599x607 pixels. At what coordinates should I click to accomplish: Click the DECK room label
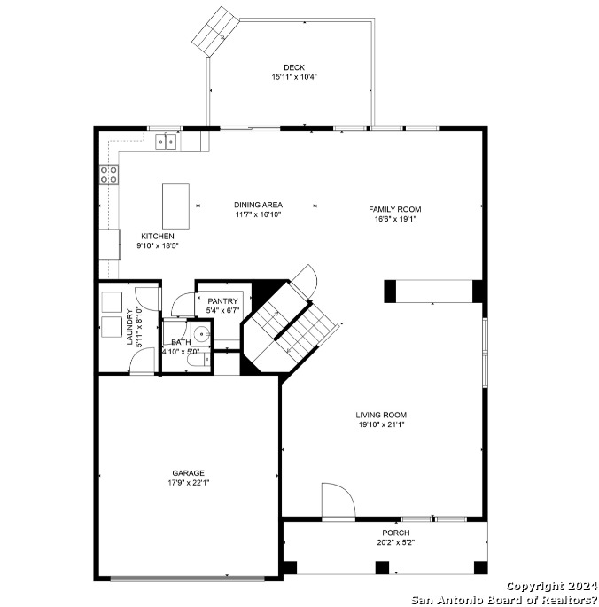coord(294,67)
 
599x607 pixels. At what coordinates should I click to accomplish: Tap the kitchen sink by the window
coord(166,141)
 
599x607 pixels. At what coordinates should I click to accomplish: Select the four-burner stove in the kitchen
coord(109,175)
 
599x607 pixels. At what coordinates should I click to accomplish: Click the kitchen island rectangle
coord(175,206)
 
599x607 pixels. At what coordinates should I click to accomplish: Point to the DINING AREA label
coord(258,205)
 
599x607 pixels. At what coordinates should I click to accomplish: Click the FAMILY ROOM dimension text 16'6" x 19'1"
coord(394,219)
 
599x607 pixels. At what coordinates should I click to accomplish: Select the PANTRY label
coord(222,301)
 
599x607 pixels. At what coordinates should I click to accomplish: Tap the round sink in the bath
coord(201,334)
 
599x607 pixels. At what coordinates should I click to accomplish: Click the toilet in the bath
coord(198,360)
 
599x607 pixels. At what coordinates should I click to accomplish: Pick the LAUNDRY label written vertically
coord(129,326)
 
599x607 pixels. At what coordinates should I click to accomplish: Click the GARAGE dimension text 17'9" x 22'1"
coord(189,483)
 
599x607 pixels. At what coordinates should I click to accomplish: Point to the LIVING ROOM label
coord(381,415)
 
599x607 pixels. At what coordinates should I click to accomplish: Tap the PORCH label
coord(396,533)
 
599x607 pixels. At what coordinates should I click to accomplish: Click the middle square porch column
coord(382,567)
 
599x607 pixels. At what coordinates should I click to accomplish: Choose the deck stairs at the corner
coord(215,31)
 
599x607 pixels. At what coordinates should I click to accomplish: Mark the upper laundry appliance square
coord(112,302)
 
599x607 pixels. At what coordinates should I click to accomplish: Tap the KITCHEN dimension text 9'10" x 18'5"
coord(158,245)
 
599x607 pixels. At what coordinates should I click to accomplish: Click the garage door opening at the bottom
coord(188,579)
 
